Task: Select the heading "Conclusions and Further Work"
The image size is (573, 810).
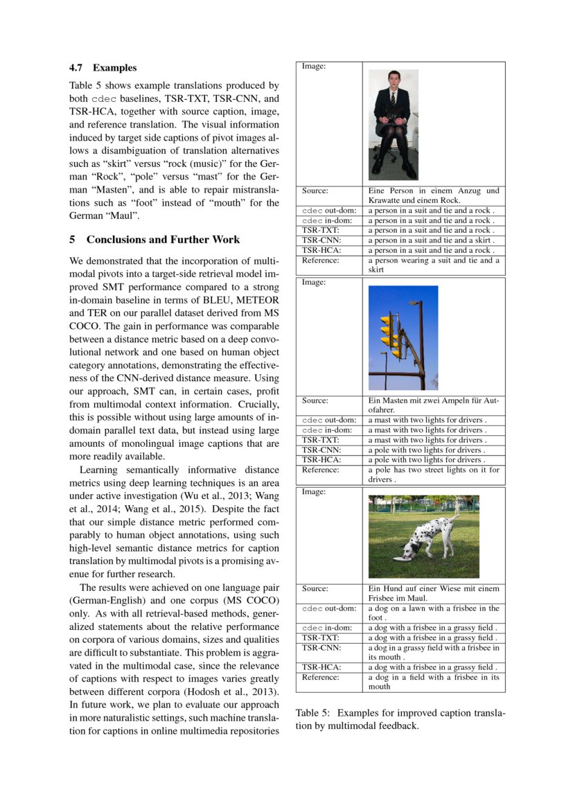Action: point(163,240)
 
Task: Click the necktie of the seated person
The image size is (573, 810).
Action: point(393,98)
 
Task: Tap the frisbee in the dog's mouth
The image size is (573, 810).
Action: point(402,556)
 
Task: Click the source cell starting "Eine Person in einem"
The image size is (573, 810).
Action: point(433,195)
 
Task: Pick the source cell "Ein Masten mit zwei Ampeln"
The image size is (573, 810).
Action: point(433,405)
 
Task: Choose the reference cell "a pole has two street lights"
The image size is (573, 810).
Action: point(433,474)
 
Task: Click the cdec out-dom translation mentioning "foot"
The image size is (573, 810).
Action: point(433,613)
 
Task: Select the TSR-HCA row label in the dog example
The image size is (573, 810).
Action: point(320,667)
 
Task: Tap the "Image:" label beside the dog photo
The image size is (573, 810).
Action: point(314,491)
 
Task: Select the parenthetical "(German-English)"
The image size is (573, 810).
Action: point(103,600)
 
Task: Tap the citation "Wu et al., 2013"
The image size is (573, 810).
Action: point(208,496)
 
